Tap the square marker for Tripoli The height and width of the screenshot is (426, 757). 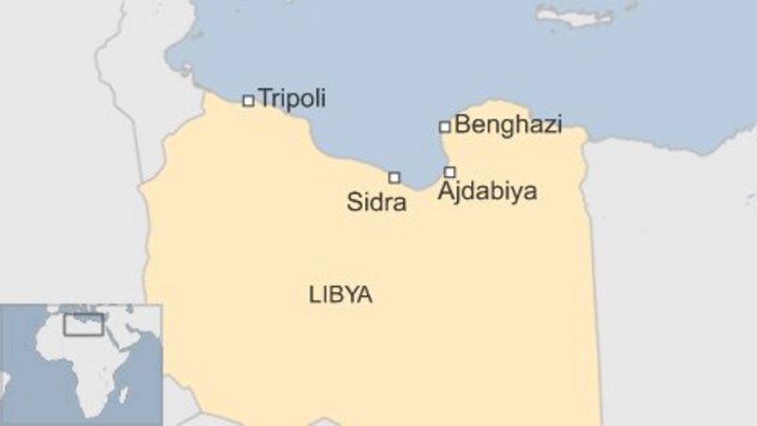248,100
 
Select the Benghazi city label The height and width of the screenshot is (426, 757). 508,124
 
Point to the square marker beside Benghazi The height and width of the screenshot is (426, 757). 444,126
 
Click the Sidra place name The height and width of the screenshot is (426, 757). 378,201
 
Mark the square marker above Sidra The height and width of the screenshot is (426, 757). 394,177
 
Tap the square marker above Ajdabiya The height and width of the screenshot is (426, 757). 449,171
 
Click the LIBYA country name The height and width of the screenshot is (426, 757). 340,294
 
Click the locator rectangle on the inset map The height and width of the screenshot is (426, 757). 83,324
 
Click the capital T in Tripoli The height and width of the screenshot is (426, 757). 264,98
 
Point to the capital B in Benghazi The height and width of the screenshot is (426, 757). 462,124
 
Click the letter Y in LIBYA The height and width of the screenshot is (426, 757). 352,294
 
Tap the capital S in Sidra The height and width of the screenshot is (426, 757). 355,201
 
